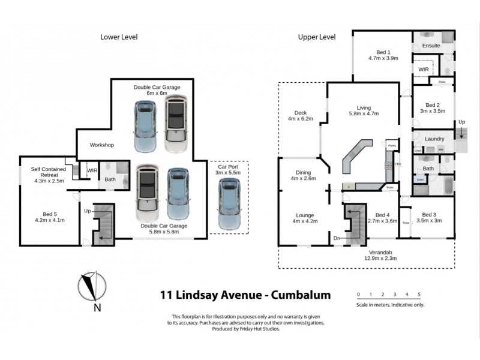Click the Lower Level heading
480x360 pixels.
tap(118, 37)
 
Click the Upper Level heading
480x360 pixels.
tap(316, 37)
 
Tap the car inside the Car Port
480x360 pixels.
tap(228, 204)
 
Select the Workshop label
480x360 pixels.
tap(101, 145)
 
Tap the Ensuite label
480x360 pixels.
tap(431, 46)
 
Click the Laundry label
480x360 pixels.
tap(434, 139)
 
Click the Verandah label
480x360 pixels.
tap(367, 253)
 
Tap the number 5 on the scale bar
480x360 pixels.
tap(419, 295)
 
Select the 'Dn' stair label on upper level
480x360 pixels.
tap(338, 238)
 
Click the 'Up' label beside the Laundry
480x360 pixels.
tap(461, 122)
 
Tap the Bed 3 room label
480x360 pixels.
tap(429, 215)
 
